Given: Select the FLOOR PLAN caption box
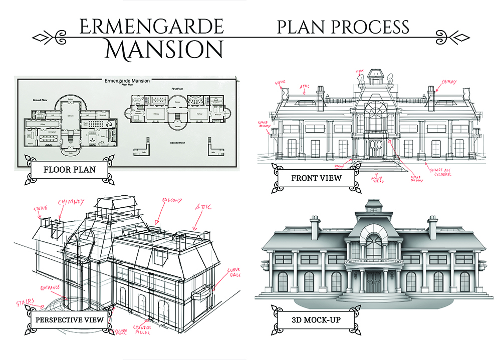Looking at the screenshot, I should pyautogui.click(x=70, y=169).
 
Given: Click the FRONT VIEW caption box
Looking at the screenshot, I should pyautogui.click(x=317, y=178).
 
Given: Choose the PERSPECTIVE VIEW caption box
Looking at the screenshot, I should pyautogui.click(x=70, y=319).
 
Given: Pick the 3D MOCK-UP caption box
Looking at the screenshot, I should pyautogui.click(x=316, y=319).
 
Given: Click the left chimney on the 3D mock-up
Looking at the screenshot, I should pyautogui.click(x=315, y=228).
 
